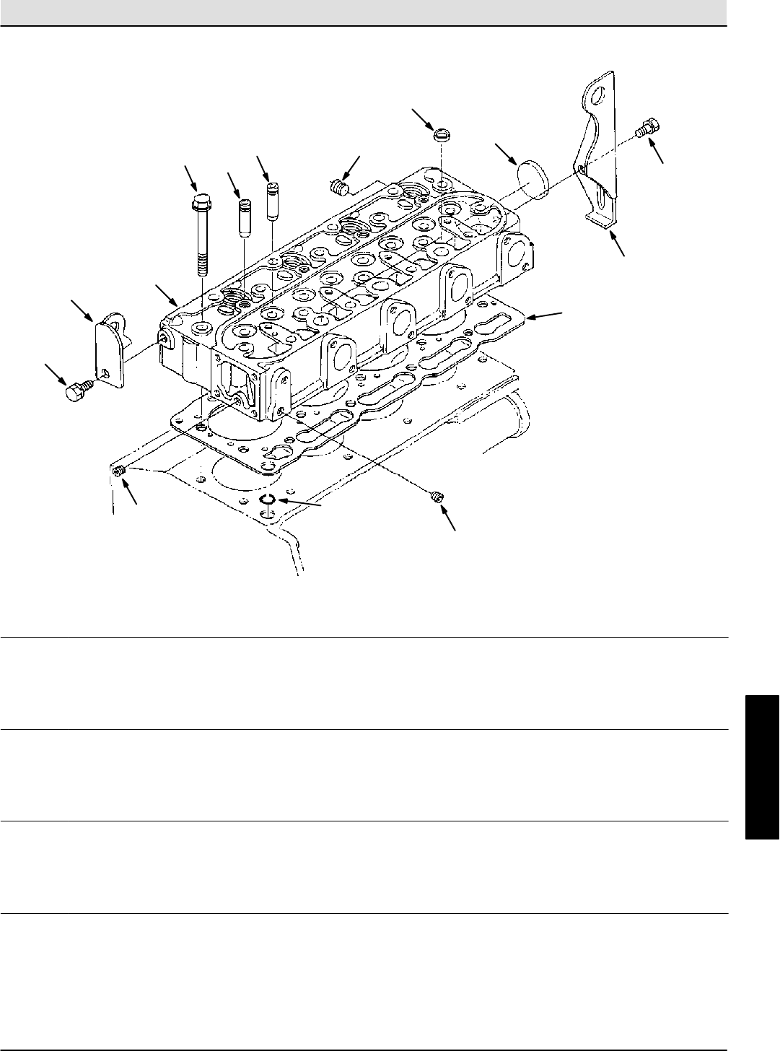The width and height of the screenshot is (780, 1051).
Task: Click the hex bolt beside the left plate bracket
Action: point(75,393)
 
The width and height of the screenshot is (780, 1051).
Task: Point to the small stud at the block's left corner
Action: point(120,471)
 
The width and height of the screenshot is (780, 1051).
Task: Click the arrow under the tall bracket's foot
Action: point(617,245)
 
